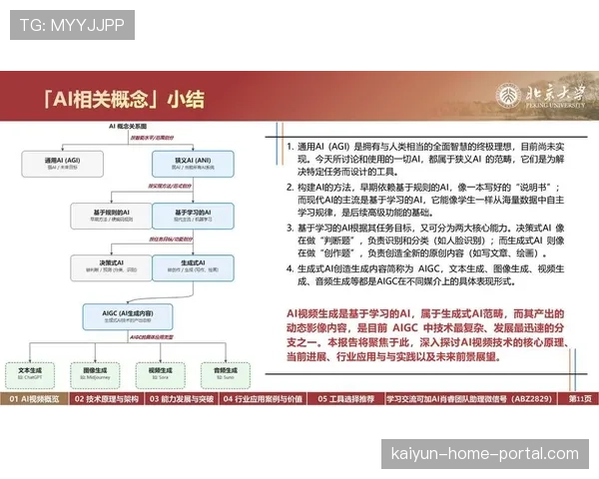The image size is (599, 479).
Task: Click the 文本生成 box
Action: coord(32,371)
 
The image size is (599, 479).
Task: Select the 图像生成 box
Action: coord(94,371)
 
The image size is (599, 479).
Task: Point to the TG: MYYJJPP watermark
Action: coord(71,24)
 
